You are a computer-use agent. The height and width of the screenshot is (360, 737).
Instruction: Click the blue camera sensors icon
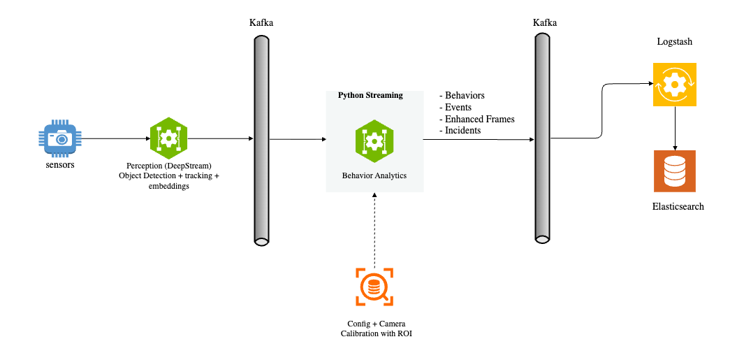coord(61,138)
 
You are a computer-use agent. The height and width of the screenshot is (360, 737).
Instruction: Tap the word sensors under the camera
coord(61,165)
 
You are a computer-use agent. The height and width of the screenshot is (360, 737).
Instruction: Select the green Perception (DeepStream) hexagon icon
coord(168,138)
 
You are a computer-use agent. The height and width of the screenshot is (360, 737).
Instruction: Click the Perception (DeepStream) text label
coord(169,166)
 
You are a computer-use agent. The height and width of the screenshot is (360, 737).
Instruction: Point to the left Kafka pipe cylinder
coord(261,139)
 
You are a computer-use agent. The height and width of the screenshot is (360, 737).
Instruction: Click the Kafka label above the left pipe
coord(261,22)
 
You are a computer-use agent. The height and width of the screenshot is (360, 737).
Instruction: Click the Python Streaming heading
coord(370,95)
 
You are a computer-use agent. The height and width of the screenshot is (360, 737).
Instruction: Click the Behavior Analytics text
coord(374,176)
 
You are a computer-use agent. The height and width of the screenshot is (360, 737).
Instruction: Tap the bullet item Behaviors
coord(465,95)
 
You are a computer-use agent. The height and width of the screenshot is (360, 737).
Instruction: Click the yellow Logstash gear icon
coord(674,85)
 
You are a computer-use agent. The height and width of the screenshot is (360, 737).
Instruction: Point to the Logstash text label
coord(674,42)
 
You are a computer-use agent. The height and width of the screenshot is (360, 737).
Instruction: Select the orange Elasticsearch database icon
coord(674,171)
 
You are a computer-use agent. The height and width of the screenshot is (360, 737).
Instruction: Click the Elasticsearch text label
coord(678,207)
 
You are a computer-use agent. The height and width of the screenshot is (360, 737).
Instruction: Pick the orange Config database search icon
coord(374,287)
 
